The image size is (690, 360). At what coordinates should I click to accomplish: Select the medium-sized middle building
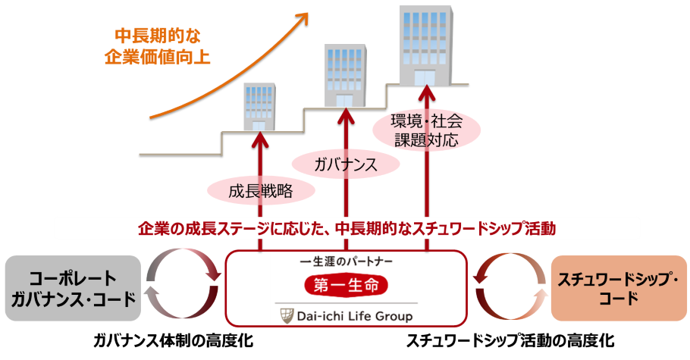point(346,76)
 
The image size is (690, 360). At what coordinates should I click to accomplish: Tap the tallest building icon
point(427,45)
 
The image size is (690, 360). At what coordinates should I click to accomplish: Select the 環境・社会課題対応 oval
point(426,130)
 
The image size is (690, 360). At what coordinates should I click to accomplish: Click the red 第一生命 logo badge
point(346,285)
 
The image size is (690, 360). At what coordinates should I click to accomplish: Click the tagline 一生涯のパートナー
point(346,260)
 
